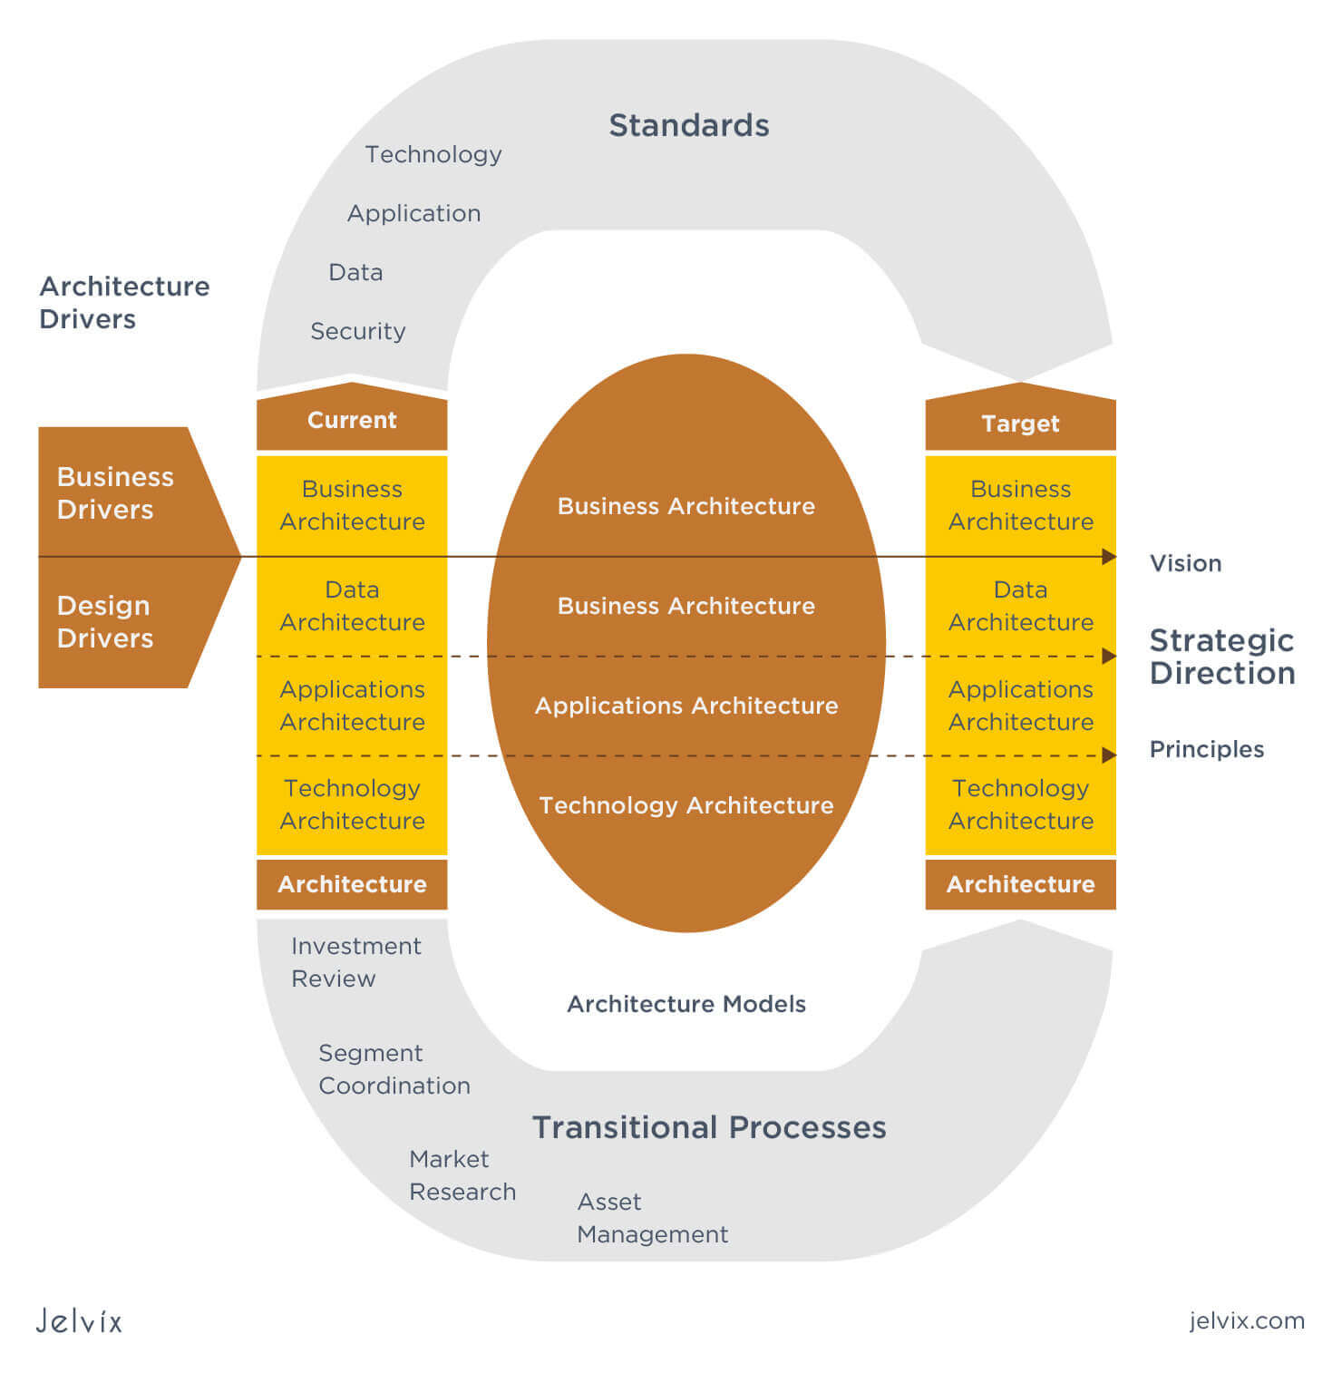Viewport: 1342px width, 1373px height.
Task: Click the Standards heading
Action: [688, 125]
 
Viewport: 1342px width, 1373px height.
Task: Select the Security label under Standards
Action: [357, 331]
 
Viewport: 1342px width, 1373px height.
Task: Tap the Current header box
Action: [352, 421]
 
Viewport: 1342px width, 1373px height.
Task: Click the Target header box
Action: [1020, 424]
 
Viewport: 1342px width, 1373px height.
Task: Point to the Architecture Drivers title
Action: [124, 302]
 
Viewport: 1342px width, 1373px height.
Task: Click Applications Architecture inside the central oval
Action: [686, 706]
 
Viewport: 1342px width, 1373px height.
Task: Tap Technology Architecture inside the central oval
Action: [686, 805]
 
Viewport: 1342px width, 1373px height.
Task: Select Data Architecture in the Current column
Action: [352, 606]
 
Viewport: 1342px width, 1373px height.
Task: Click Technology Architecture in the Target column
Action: [1020, 804]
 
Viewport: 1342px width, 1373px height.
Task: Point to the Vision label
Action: [1185, 563]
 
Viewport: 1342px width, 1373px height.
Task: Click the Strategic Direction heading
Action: [1221, 657]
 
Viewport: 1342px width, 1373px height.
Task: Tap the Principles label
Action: [1206, 749]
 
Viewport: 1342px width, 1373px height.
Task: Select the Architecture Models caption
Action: [686, 1004]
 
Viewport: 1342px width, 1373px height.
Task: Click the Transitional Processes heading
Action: [709, 1127]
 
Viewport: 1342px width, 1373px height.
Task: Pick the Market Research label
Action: [462, 1175]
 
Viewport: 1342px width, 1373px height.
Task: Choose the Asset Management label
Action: [652, 1218]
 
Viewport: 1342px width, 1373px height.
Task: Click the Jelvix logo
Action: [79, 1320]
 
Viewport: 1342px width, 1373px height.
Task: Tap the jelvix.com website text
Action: [1247, 1320]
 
